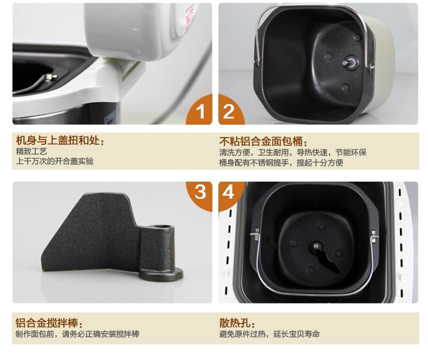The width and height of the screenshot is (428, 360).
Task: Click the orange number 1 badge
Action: (200, 111)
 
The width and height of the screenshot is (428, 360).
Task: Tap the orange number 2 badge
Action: (230, 111)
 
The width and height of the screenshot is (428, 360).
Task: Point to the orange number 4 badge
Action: (230, 195)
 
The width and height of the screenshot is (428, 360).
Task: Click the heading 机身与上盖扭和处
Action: (60, 140)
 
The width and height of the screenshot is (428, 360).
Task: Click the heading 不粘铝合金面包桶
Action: (263, 142)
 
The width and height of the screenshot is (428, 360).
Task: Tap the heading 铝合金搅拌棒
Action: (49, 323)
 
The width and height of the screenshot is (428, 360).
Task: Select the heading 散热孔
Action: (237, 323)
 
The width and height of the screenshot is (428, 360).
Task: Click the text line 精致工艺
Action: (31, 151)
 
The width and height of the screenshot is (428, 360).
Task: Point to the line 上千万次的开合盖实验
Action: (55, 161)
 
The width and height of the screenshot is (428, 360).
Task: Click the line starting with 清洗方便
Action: (293, 152)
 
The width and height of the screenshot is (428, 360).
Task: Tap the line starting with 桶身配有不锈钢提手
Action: (281, 163)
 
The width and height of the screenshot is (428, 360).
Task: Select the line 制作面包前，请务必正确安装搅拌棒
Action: (77, 334)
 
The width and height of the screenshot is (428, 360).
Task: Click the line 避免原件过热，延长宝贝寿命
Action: (269, 334)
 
